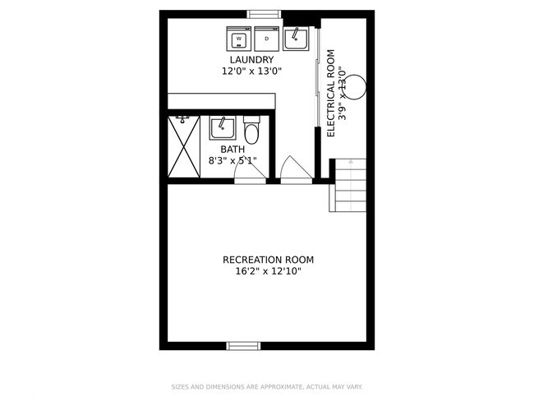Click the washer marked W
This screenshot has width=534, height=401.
click(239, 39)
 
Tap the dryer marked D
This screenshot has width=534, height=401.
click(267, 39)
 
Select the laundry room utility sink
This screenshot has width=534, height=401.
click(296, 38)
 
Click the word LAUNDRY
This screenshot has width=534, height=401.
click(251, 60)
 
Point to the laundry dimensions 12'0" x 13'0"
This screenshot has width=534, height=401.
click(251, 71)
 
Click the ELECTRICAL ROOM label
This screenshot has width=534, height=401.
click(331, 93)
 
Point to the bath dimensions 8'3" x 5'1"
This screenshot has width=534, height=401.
click(232, 161)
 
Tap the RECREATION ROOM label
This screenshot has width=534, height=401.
click(268, 260)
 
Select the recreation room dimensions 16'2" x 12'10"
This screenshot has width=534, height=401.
click(268, 272)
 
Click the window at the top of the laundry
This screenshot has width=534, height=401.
click(264, 14)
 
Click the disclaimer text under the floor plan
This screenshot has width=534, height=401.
click(267, 386)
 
